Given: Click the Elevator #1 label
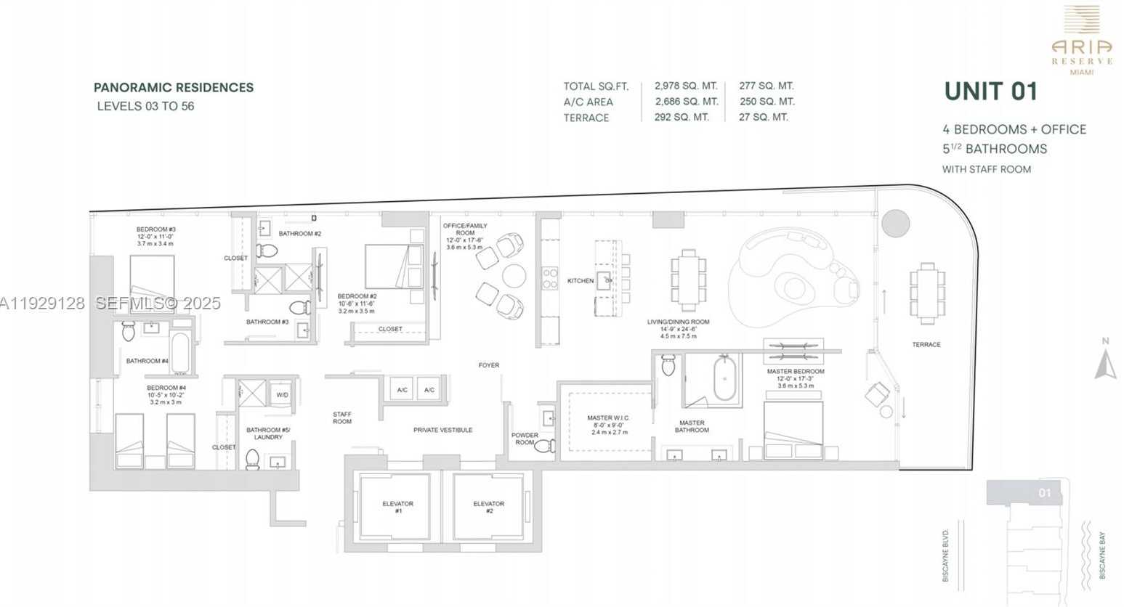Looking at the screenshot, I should coord(397,507).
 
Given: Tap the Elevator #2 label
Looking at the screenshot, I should coord(488,507).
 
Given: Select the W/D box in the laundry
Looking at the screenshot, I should coord(282,395).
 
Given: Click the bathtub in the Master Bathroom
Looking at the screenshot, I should coord(727,378).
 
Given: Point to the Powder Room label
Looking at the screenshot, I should coord(525,439).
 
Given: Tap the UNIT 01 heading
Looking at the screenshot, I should coord(990,91).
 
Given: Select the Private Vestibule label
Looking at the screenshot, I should coord(442,430).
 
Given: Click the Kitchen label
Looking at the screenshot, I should coord(580,280).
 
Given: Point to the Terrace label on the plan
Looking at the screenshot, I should coord(926,344).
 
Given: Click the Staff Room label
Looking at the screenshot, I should coord(341,417).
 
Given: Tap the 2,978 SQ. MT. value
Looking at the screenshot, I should coord(685,86).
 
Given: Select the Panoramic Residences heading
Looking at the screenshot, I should coord(174,87).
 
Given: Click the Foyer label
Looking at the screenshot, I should coord(488,365).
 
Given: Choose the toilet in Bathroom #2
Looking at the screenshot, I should coord(267,251).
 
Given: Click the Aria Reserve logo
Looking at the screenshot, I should coord(1081,40).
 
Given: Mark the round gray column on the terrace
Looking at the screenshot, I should coord(895,222).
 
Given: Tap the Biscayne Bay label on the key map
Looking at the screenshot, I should coord(1101,555).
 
